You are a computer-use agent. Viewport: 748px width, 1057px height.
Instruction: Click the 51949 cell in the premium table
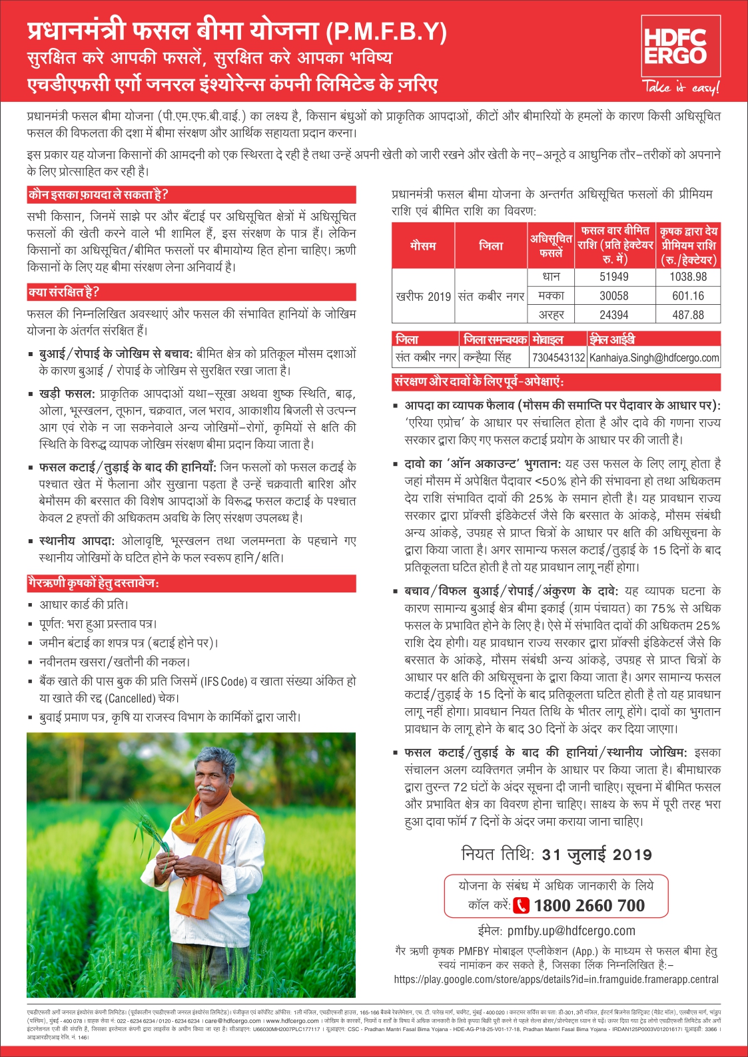(613, 277)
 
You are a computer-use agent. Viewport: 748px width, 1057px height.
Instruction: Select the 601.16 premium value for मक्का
(688, 296)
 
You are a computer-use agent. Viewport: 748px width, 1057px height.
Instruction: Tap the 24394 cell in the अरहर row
(613, 315)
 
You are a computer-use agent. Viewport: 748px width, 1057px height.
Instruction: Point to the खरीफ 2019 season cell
(423, 296)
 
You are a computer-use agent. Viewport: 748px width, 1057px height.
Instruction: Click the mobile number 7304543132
(558, 357)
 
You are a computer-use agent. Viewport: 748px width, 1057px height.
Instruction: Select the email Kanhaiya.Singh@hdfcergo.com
(654, 357)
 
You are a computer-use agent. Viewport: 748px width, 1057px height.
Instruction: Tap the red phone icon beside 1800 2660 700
(521, 905)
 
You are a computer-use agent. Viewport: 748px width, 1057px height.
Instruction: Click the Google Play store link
(556, 979)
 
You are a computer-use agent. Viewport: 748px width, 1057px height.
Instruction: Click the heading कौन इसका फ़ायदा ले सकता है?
(98, 194)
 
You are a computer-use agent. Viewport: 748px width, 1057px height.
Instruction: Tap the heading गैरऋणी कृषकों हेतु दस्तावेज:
(93, 583)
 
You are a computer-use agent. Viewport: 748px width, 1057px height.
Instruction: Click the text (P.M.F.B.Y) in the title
(386, 31)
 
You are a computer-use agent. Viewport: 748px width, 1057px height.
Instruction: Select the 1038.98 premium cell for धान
(688, 277)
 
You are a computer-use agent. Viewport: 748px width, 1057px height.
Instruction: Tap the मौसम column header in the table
(423, 246)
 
